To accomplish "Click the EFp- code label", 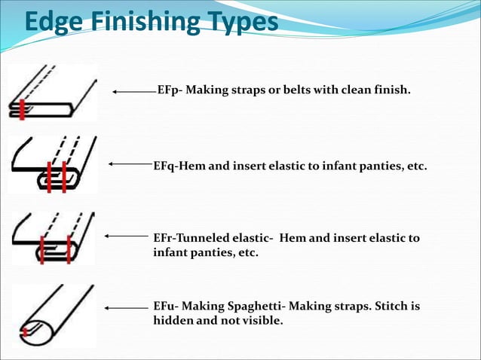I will click(169, 90).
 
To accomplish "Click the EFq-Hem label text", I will click(179, 164).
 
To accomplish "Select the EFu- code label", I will click(165, 307).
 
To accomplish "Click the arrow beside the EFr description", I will click(127, 236).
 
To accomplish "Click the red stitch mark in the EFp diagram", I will click(23, 109).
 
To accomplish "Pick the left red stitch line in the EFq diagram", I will click(49, 176).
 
